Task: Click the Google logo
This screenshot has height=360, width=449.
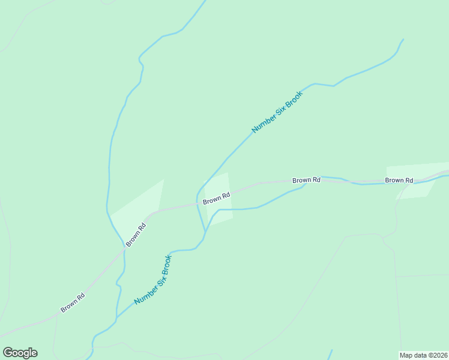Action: coord(20,353)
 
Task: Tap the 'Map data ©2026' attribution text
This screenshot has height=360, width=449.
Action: coord(423,355)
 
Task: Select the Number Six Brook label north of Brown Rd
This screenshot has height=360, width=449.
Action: coord(277,112)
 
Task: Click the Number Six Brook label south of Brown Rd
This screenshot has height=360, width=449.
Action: coord(153,280)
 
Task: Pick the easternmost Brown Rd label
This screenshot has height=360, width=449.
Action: coord(399,180)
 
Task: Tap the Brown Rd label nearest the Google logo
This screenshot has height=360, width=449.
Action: coord(73,302)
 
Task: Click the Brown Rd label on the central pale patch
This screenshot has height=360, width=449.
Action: coord(217,198)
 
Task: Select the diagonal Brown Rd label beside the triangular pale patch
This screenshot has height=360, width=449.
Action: coord(135,235)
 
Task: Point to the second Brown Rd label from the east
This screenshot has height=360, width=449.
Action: coord(306,180)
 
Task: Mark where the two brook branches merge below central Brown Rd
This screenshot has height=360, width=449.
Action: coord(206,231)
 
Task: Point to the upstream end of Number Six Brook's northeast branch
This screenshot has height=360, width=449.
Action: coord(403,40)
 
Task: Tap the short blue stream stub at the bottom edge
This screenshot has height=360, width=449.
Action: coord(330,354)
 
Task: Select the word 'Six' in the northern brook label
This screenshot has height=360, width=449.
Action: coord(278,111)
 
